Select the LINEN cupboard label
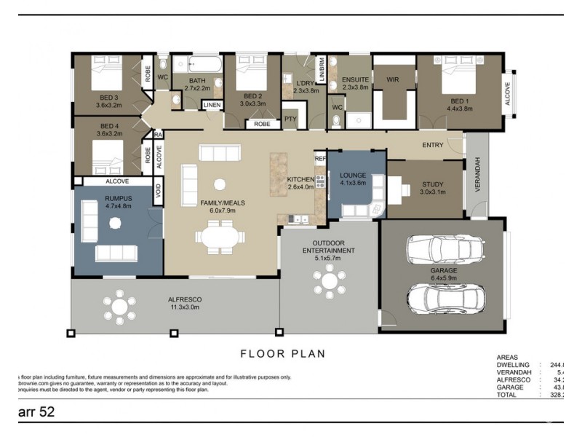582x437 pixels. pyautogui.click(x=212, y=106)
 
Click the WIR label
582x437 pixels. pyautogui.click(x=394, y=79)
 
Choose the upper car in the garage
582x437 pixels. pyautogui.click(x=445, y=250)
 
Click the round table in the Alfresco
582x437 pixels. pyautogui.click(x=120, y=307)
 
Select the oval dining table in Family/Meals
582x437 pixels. pyautogui.click(x=218, y=237)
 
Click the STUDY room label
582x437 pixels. pyautogui.click(x=432, y=184)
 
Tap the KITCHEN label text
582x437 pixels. pyautogui.click(x=300, y=179)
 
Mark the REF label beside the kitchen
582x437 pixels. pyautogui.click(x=319, y=158)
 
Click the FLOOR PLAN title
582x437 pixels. pyautogui.click(x=283, y=354)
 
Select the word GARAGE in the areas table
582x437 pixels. pyautogui.click(x=511, y=387)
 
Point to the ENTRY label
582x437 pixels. pyautogui.click(x=432, y=145)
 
